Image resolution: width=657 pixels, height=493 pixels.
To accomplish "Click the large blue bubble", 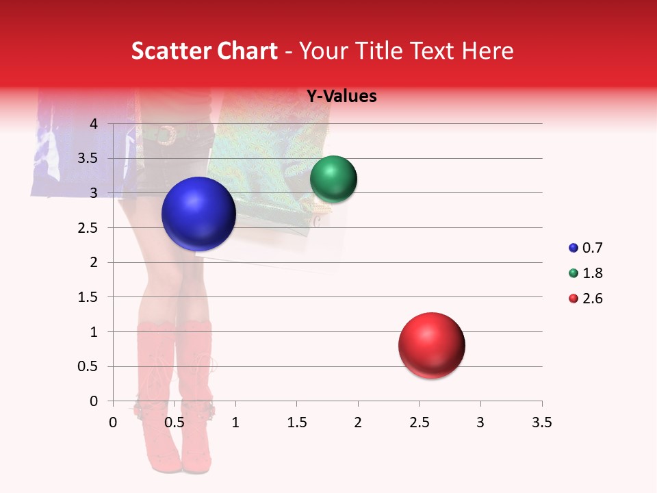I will [199, 214].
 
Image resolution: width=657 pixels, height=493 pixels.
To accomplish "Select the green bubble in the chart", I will [333, 179].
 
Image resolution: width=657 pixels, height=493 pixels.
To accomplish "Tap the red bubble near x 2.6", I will [432, 345].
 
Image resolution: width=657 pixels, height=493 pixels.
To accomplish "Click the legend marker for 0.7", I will [573, 249].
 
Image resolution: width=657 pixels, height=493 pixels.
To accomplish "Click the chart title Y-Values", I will [342, 97].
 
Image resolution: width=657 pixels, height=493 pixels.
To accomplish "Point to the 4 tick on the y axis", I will [94, 124].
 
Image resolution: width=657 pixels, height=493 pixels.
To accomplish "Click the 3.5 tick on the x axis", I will [541, 422].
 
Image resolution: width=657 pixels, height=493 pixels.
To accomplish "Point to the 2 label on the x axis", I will [358, 422].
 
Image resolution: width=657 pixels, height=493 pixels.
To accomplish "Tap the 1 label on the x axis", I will [235, 422].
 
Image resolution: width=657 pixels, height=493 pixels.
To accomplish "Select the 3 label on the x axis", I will [480, 422].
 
